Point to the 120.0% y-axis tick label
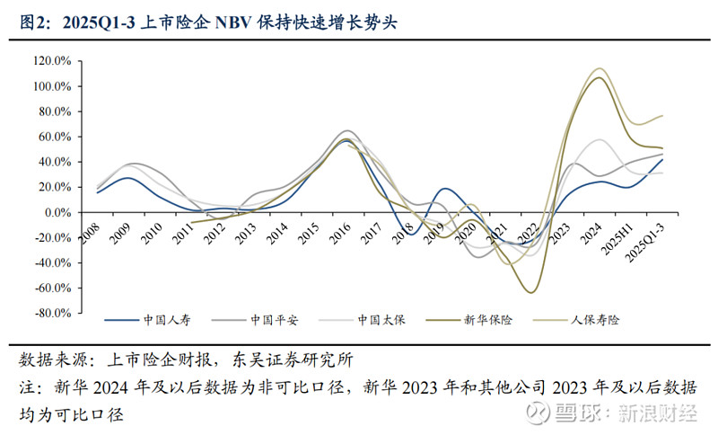52,61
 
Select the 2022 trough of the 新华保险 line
530,292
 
